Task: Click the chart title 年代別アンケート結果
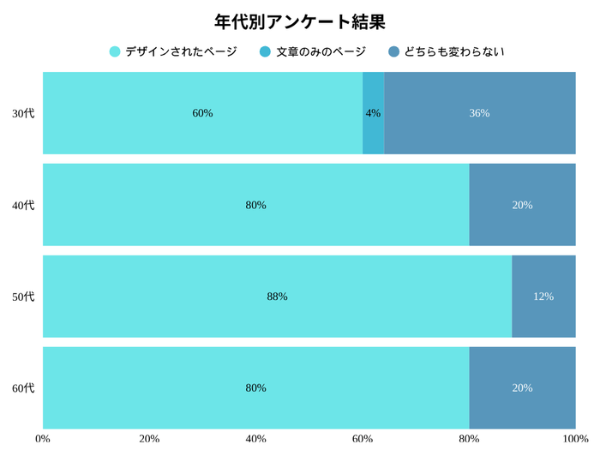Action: (x=300, y=21)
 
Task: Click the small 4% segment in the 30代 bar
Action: (x=373, y=113)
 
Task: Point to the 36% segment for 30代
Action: (x=480, y=113)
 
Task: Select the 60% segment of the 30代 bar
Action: (x=202, y=113)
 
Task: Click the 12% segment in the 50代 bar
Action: (x=543, y=297)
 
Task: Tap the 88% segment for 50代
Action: (x=277, y=297)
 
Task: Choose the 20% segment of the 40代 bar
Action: (x=522, y=205)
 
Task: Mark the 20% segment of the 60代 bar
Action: (x=522, y=387)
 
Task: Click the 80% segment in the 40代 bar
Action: (x=255, y=205)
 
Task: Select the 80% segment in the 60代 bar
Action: (x=255, y=387)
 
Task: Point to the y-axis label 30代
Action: (x=23, y=113)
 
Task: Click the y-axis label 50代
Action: (x=23, y=297)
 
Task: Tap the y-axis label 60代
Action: (x=23, y=387)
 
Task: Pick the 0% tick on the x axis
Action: (x=43, y=439)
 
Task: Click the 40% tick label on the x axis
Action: (x=255, y=439)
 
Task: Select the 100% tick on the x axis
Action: (x=575, y=439)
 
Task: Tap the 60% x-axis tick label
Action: (x=363, y=439)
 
